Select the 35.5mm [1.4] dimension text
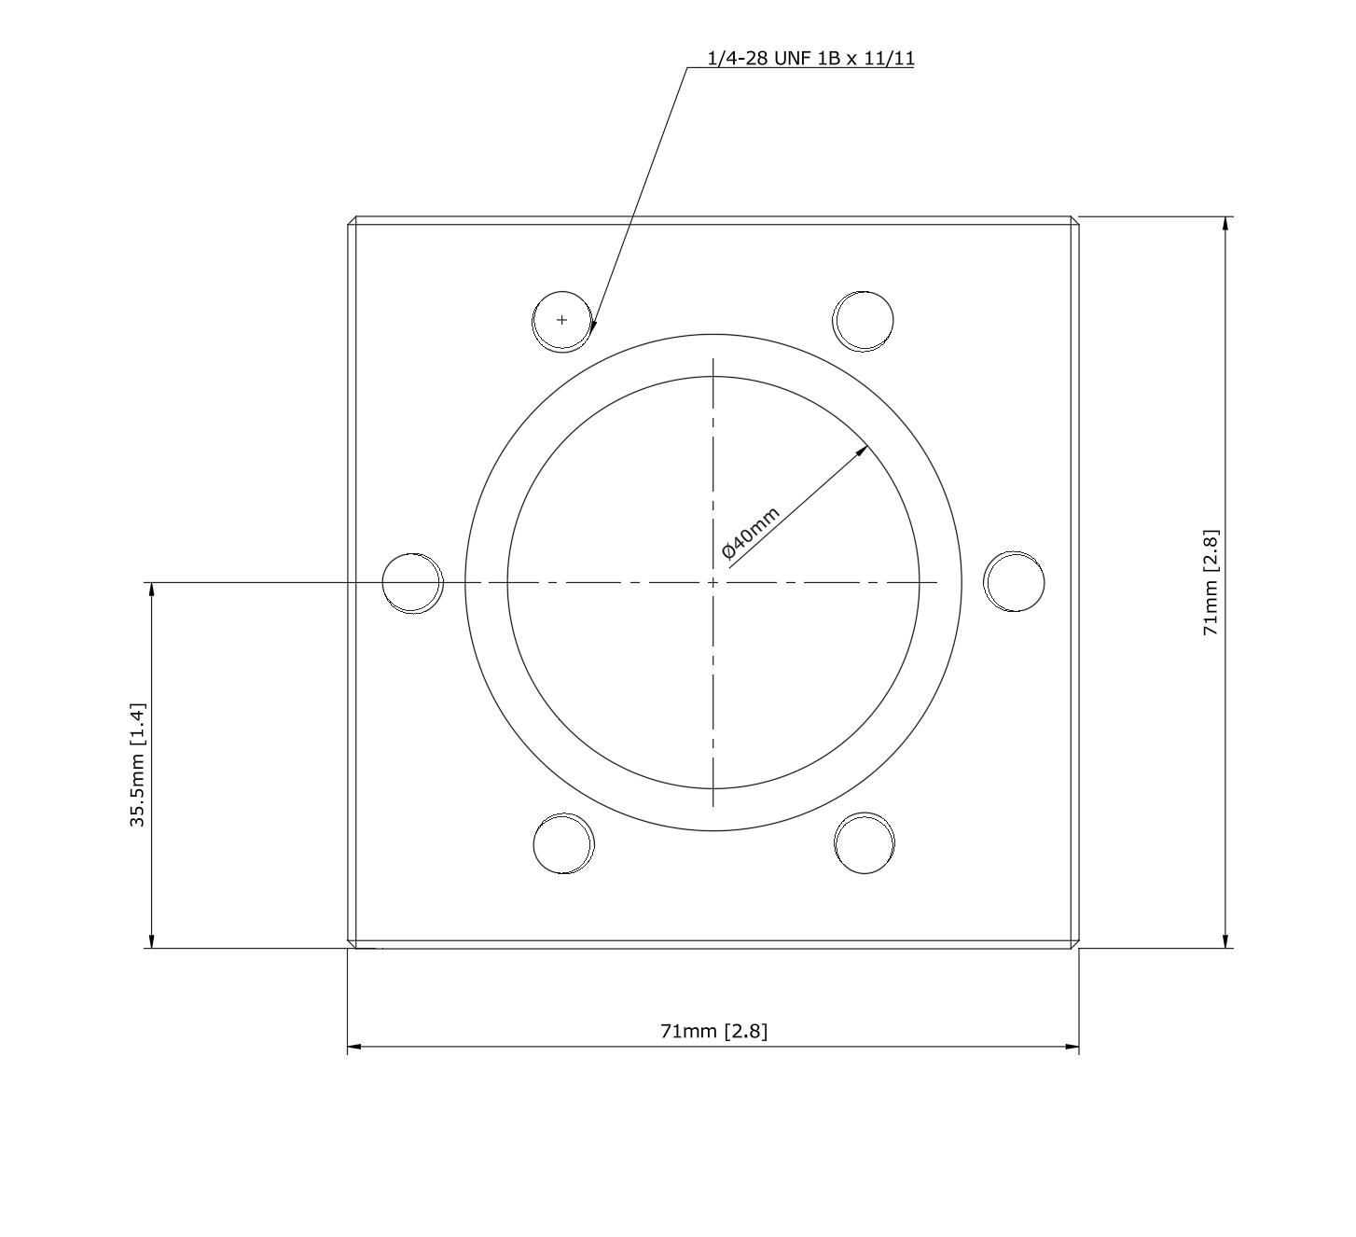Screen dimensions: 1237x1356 [x=137, y=764]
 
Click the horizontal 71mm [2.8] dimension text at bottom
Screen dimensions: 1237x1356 [x=713, y=1031]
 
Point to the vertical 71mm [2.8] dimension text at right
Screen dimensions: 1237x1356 [x=1211, y=583]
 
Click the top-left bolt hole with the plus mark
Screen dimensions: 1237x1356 [x=561, y=320]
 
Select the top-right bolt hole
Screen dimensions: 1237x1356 [x=864, y=320]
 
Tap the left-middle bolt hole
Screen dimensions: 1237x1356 [x=412, y=583]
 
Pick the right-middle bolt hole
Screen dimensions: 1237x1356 [x=1015, y=582]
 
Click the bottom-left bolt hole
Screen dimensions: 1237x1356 [x=563, y=844]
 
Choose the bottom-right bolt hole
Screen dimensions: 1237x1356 [x=865, y=843]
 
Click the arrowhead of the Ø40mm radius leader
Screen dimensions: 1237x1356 [x=863, y=449]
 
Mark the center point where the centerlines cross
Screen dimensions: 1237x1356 [x=713, y=583]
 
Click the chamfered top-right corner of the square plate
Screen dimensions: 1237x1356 [x=1075, y=221]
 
